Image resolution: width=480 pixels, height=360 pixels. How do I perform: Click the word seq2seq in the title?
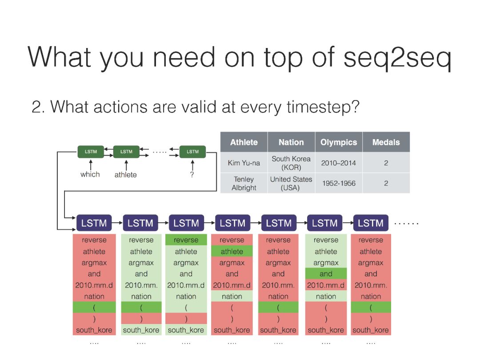click(397, 57)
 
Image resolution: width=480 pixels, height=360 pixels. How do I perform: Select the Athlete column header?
click(244, 142)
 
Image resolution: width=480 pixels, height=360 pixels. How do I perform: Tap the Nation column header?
click(291, 142)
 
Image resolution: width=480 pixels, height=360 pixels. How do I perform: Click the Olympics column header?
click(339, 142)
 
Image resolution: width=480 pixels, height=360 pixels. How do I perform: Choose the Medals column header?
click(386, 142)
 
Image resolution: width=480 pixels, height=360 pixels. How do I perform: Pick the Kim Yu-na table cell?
click(244, 163)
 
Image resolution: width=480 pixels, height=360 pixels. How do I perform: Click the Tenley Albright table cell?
click(244, 184)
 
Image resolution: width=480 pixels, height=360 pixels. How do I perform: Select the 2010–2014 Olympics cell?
click(339, 163)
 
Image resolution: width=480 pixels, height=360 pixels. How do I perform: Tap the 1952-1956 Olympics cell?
click(339, 184)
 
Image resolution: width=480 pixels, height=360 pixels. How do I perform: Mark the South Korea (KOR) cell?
click(291, 163)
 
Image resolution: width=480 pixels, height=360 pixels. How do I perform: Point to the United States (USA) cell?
click(291, 184)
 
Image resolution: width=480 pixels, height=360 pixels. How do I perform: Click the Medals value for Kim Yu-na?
click(386, 163)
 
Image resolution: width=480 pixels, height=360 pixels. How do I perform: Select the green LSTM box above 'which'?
click(91, 152)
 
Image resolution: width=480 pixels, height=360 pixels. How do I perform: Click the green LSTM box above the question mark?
click(192, 152)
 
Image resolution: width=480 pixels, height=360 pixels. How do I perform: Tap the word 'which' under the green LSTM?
click(90, 174)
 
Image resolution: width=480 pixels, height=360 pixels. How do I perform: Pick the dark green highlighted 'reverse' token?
click(186, 240)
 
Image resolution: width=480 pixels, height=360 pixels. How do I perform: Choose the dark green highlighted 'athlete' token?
click(232, 251)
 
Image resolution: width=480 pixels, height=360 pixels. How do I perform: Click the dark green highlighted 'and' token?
click(326, 274)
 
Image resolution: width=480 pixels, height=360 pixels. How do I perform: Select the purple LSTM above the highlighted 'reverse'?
click(186, 223)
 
